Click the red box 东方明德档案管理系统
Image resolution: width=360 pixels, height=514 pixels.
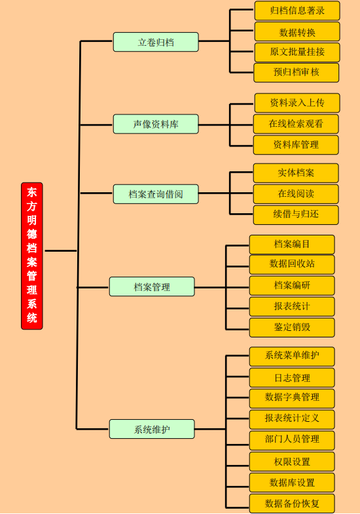click(32, 256)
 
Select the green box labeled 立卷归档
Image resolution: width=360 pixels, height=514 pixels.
click(156, 42)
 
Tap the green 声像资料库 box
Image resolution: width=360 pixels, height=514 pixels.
click(156, 124)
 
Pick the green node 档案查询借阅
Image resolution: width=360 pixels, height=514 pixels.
click(156, 194)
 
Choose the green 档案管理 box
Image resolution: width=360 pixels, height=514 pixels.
click(152, 286)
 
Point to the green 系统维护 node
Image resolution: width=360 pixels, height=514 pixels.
click(152, 429)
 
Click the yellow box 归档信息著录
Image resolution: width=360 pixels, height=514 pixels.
click(297, 10)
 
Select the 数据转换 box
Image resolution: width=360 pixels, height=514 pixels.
click(297, 31)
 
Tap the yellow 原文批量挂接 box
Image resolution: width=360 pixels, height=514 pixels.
click(297, 52)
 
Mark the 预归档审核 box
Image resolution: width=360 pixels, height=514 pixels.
click(297, 73)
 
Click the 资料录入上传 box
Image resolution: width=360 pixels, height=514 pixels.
click(297, 103)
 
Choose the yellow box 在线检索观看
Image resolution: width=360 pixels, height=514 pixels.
click(296, 124)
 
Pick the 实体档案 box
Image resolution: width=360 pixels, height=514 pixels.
click(296, 173)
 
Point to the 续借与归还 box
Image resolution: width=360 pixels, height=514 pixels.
click(296, 214)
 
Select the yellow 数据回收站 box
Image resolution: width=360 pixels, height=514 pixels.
click(292, 265)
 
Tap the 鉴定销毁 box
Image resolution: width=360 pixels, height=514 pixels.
click(292, 327)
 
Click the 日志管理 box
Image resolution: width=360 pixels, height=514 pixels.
click(292, 377)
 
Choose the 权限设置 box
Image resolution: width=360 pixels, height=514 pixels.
click(292, 462)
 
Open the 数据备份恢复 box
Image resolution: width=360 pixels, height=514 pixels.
click(292, 504)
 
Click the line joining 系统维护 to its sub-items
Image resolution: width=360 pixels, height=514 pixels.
click(210, 429)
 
